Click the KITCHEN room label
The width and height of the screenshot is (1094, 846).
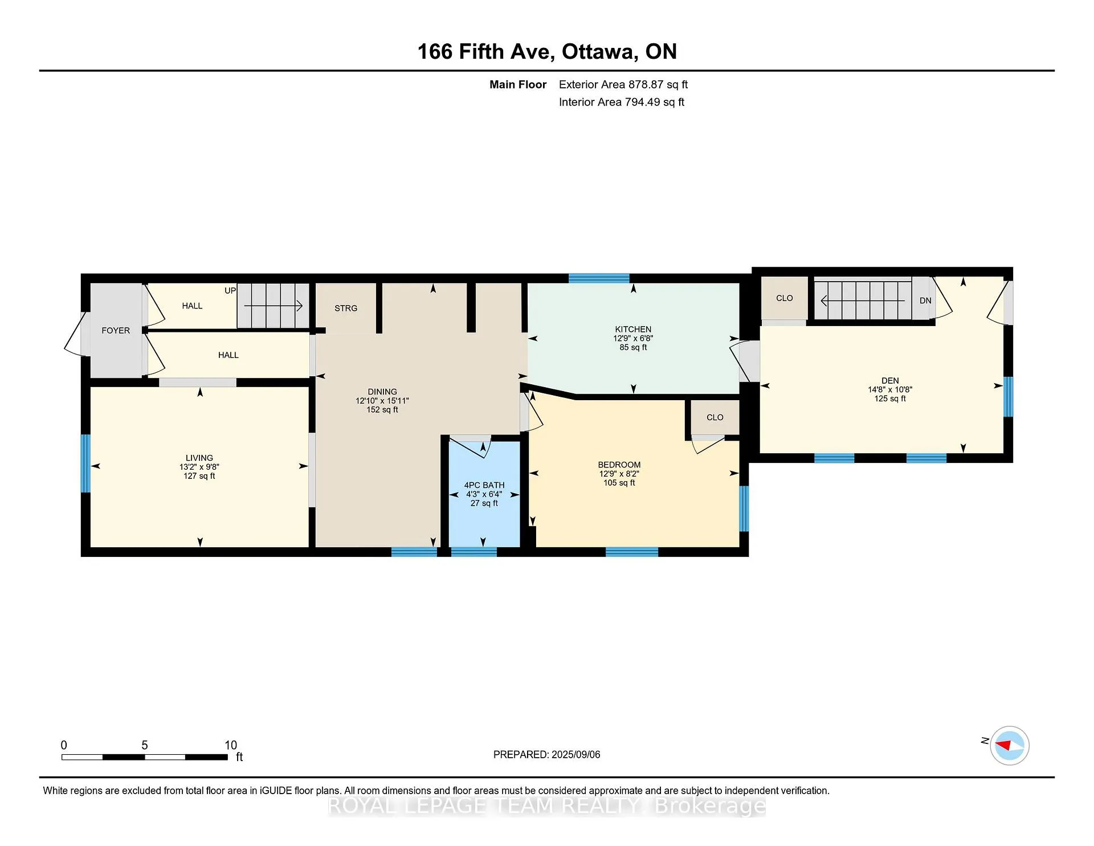[x=633, y=329]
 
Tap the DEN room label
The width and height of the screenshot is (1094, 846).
[x=890, y=380]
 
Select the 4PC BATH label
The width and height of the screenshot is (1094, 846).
[x=484, y=485]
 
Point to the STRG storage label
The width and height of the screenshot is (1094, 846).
[x=346, y=308]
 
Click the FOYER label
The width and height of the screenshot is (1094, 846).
[x=116, y=330]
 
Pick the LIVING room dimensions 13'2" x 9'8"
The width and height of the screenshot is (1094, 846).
[x=199, y=466]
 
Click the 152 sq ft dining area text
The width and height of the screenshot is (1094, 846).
[x=382, y=409]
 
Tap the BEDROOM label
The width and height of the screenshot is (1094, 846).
[x=619, y=465]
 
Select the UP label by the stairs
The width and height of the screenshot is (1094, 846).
[x=230, y=290]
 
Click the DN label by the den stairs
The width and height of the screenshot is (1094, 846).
[x=925, y=300]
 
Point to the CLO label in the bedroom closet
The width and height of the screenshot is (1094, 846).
[x=715, y=417]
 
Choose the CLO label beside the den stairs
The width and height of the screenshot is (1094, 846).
[x=785, y=298]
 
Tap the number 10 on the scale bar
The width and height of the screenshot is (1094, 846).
[x=231, y=745]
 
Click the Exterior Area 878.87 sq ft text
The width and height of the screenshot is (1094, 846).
[x=623, y=84]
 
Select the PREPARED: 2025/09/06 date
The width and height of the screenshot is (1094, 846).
[x=547, y=754]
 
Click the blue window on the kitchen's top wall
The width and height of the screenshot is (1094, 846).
[x=599, y=278]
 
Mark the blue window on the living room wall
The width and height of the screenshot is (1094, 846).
[x=85, y=463]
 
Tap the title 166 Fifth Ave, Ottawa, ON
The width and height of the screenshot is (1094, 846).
[x=547, y=51]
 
